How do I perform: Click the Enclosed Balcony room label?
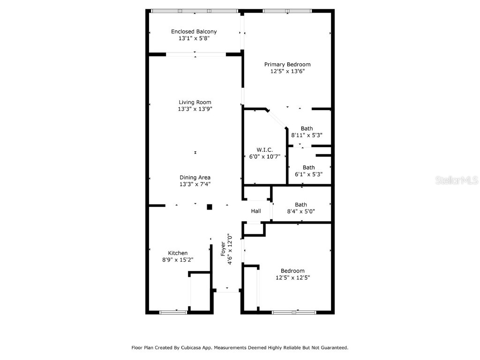pyautogui.click(x=194, y=31)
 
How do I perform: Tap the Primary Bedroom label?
pyautogui.click(x=287, y=65)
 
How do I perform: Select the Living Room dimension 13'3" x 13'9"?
pyautogui.click(x=195, y=109)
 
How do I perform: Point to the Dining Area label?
pyautogui.click(x=195, y=177)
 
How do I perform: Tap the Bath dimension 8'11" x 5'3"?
pyautogui.click(x=307, y=135)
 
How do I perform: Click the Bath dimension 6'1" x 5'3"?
pyautogui.click(x=308, y=174)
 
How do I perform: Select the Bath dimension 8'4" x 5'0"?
pyautogui.click(x=301, y=211)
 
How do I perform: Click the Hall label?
pyautogui.click(x=256, y=211)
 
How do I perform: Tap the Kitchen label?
pyautogui.click(x=178, y=253)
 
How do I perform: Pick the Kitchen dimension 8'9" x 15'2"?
pyautogui.click(x=178, y=260)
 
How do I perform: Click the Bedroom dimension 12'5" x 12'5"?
pyautogui.click(x=292, y=277)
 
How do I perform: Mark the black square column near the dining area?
pyautogui.click(x=210, y=207)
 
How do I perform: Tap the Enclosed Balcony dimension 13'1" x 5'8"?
pyautogui.click(x=194, y=38)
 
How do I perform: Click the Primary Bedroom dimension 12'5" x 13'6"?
pyautogui.click(x=287, y=71)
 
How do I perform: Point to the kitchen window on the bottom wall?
pyautogui.click(x=173, y=312)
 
